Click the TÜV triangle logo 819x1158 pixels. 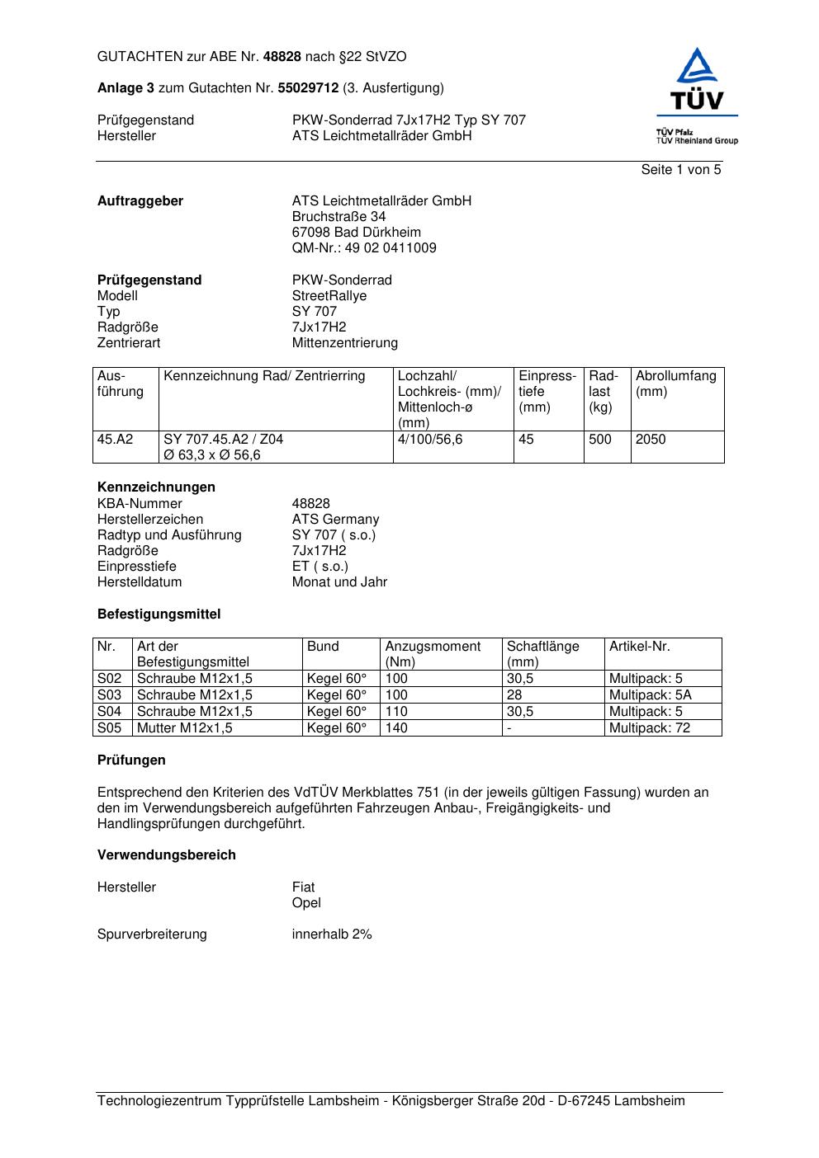point(698,79)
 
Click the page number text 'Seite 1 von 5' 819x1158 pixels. point(680,170)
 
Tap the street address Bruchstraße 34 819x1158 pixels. point(338,217)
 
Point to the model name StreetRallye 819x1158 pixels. point(329,296)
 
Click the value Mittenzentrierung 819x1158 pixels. point(344,343)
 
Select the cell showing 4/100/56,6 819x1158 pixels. point(429,440)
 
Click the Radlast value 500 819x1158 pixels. point(600,440)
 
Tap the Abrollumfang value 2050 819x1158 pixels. point(650,440)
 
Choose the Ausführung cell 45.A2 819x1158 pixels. point(115,440)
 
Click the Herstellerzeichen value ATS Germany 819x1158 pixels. point(335,520)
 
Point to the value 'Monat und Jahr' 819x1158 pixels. point(339,582)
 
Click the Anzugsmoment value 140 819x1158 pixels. point(396,728)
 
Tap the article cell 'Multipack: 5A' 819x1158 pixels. point(650,695)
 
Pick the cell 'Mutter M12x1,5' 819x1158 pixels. point(184,728)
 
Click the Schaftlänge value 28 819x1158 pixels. point(514,695)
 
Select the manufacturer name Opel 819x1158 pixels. point(306,903)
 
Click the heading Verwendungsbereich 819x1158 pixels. point(166,855)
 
